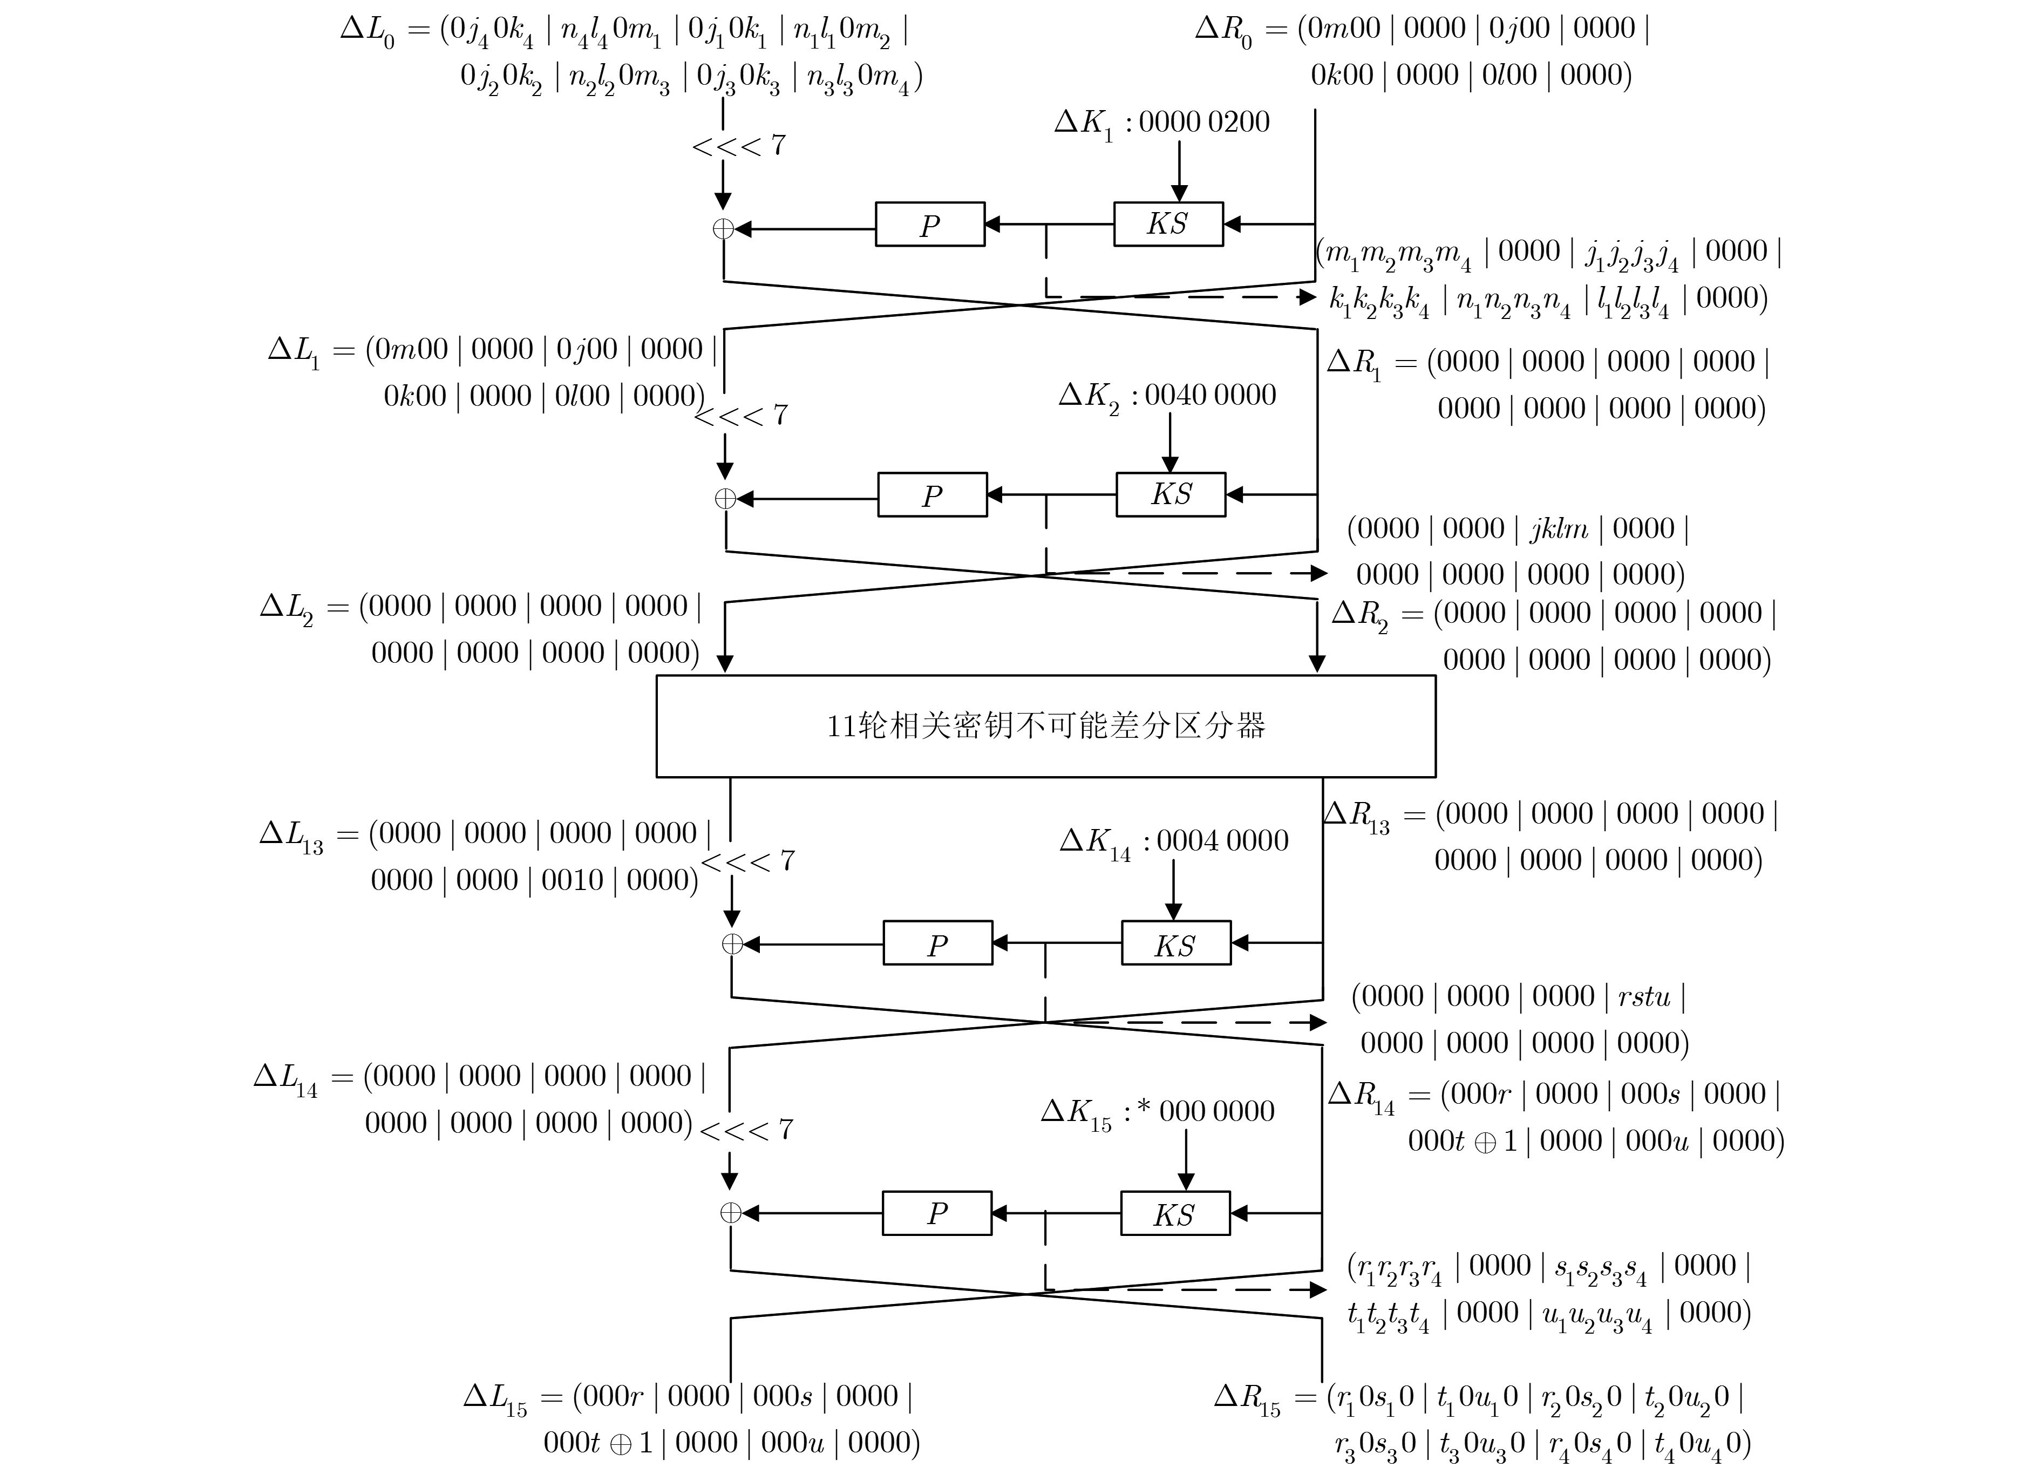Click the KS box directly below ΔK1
click(1167, 224)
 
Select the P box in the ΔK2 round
click(932, 495)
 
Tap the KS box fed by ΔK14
click(1175, 943)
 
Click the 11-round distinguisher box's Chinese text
click(1045, 725)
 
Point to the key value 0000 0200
click(1203, 121)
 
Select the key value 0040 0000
click(1210, 394)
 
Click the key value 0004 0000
click(1221, 840)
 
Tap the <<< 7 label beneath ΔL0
click(738, 146)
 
